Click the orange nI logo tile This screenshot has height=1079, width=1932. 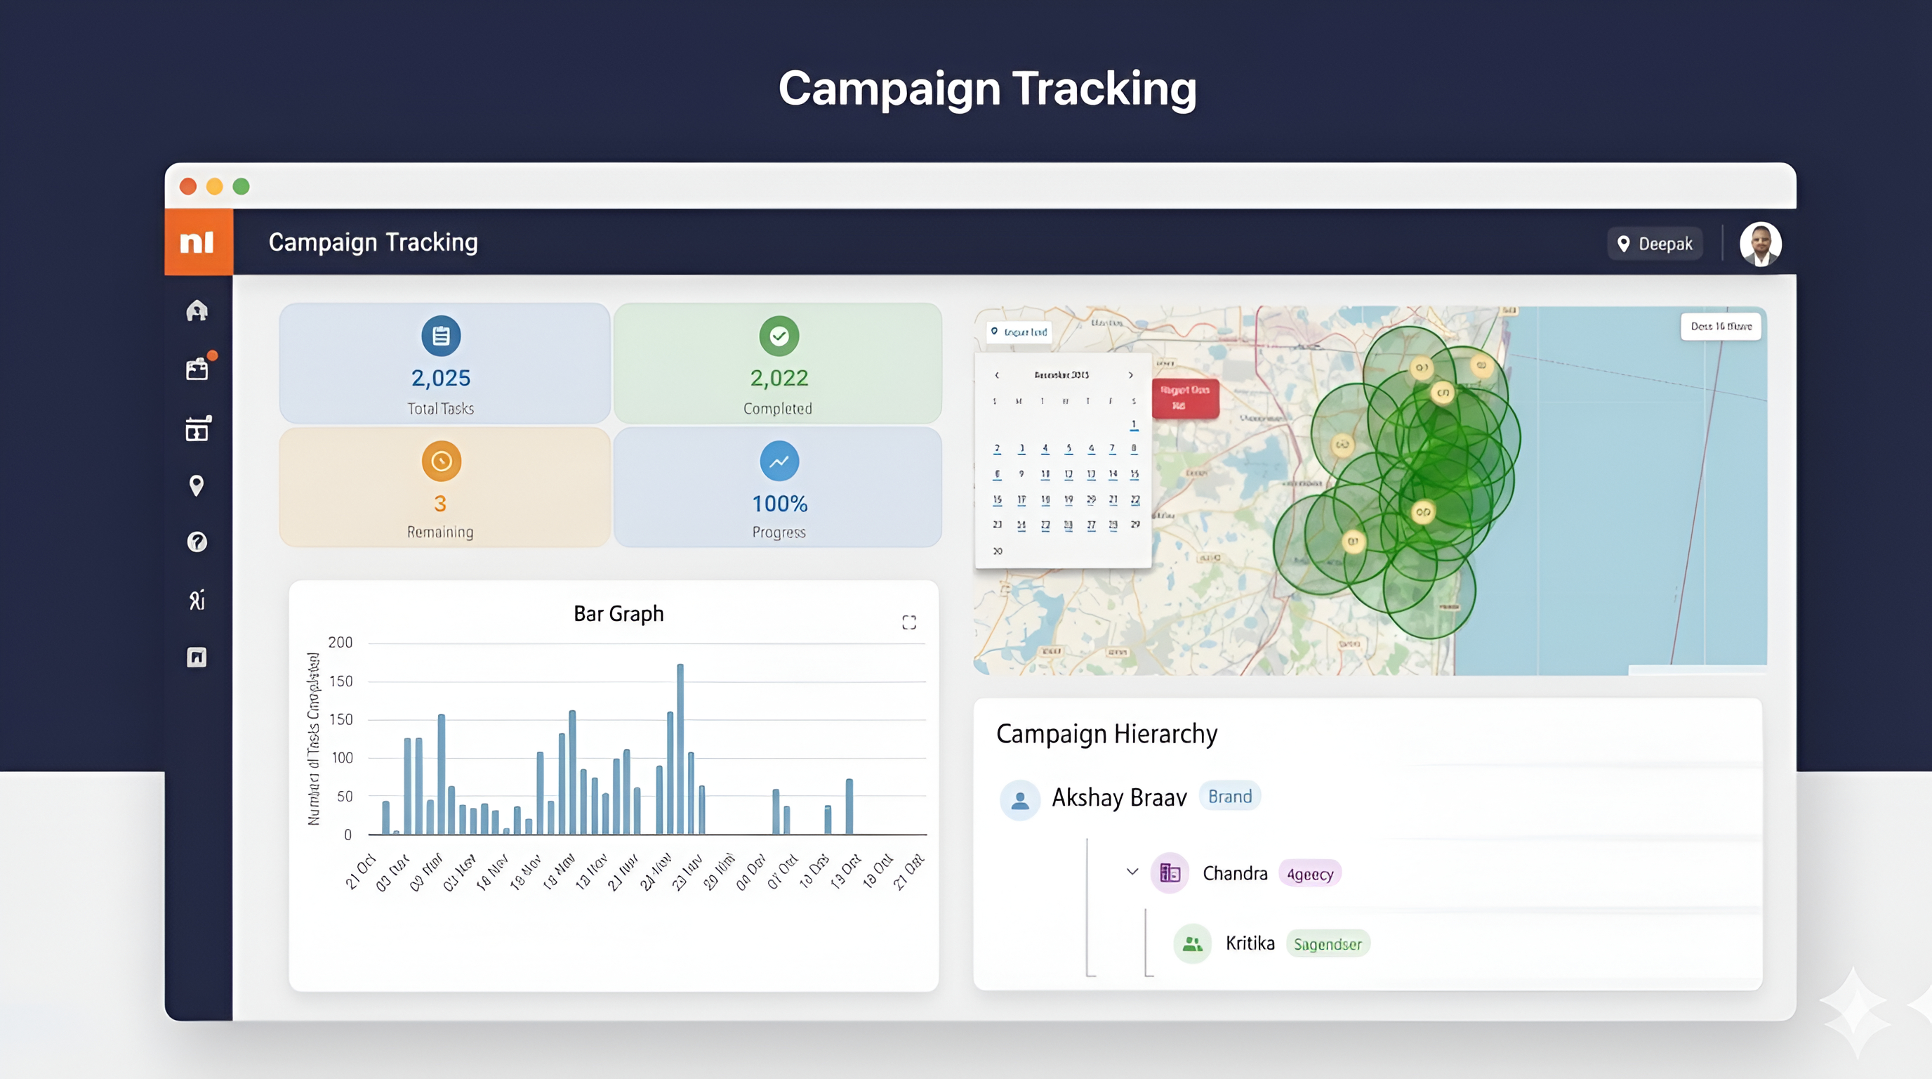198,242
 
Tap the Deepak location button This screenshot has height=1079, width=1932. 1655,244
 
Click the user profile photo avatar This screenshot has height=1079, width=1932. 1759,244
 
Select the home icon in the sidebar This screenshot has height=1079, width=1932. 197,310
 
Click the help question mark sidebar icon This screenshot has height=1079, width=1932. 197,542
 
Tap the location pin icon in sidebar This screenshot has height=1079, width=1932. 197,485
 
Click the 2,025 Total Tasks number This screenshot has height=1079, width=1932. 440,377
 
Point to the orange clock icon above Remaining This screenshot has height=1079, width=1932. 441,461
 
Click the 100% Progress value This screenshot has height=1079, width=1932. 779,504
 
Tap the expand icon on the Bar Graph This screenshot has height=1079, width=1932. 909,622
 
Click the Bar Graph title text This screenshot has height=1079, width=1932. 618,614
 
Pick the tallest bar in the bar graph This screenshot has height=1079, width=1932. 680,748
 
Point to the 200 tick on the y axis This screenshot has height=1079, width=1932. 340,642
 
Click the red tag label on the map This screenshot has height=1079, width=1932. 1184,398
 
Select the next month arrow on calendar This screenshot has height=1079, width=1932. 1131,375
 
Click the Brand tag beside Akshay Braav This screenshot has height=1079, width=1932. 1229,796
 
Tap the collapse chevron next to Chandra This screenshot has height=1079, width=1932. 1132,872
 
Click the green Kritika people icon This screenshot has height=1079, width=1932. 1192,944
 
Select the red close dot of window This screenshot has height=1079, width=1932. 188,186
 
